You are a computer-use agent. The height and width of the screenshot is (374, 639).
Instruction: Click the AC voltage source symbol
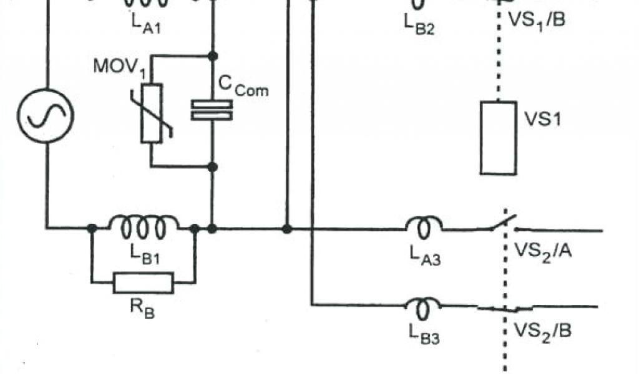tap(46, 115)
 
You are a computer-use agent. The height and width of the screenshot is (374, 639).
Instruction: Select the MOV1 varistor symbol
tap(152, 113)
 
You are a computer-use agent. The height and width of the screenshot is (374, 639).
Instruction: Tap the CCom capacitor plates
tap(212, 110)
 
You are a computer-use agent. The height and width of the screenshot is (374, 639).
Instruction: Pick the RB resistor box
tap(143, 283)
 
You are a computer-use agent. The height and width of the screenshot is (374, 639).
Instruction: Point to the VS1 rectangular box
tap(498, 138)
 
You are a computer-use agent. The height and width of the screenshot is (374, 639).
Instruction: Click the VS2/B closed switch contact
tap(504, 307)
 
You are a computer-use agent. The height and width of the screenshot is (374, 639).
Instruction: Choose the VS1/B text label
tap(537, 20)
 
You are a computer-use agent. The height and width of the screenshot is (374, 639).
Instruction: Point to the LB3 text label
tap(424, 337)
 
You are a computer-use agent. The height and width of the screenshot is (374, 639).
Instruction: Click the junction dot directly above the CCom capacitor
tap(212, 55)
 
